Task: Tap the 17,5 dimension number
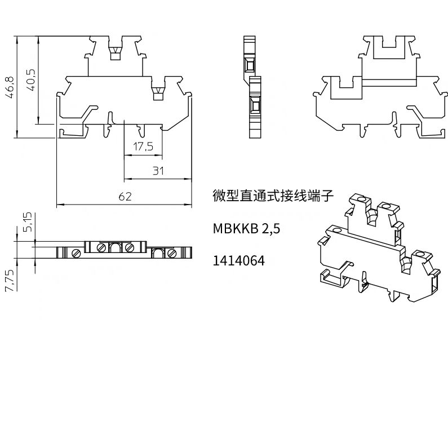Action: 143,147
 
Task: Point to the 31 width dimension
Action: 159,171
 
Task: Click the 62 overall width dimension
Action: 125,196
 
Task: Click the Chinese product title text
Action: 274,197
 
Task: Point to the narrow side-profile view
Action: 254,87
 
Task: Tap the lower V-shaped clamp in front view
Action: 158,93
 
